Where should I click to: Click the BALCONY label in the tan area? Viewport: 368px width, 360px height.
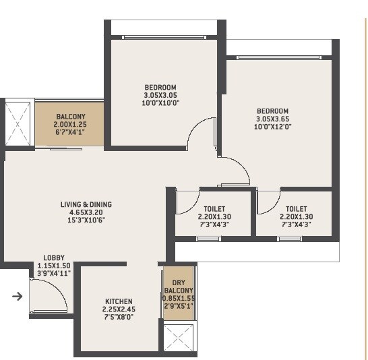click(70, 116)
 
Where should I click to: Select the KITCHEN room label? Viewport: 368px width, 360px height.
click(119, 301)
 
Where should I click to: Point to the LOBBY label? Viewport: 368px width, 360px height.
click(54, 258)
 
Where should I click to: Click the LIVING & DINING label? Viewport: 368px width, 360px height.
click(86, 204)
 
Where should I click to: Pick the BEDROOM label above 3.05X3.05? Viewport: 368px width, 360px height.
click(160, 87)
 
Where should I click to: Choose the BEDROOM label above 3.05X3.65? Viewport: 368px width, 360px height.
click(272, 111)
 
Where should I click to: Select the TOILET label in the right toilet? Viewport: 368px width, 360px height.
click(296, 209)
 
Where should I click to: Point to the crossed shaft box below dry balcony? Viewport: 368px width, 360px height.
click(178, 337)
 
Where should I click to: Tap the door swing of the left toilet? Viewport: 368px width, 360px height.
click(184, 202)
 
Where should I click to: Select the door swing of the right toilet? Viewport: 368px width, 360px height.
click(267, 201)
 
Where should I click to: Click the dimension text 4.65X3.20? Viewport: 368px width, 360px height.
click(86, 212)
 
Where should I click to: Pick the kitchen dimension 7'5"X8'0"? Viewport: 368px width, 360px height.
click(119, 318)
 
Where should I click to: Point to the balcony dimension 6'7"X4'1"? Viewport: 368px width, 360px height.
click(70, 132)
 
